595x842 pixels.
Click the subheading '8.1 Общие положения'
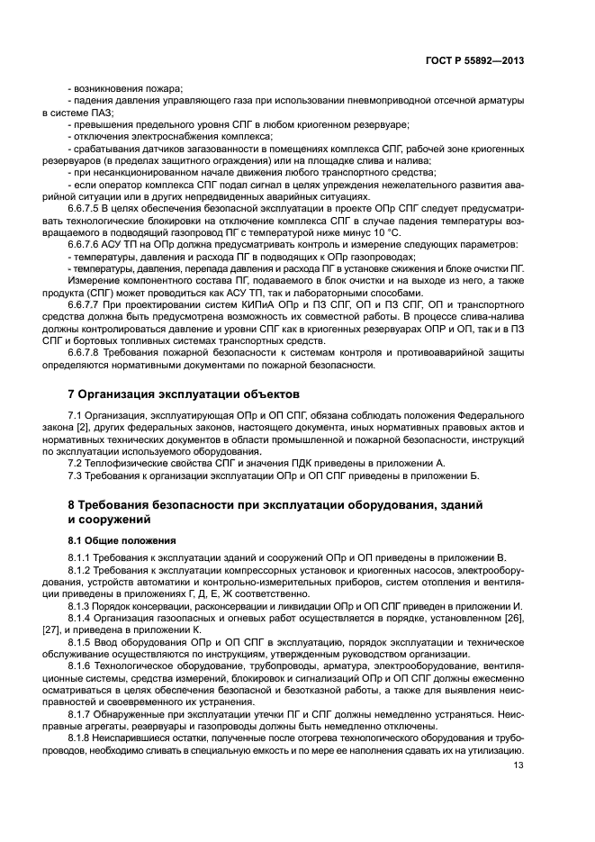pos(122,540)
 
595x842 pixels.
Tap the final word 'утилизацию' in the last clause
pos(497,747)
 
